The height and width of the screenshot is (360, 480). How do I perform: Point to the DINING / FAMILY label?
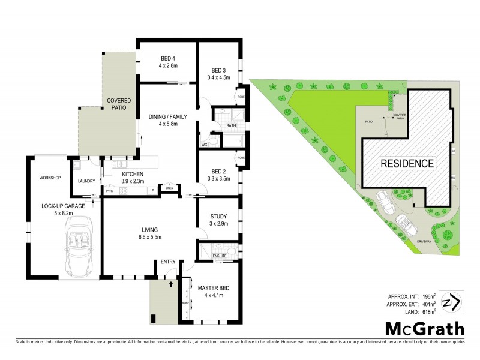point(167,116)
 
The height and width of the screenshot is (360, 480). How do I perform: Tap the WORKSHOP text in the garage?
point(50,178)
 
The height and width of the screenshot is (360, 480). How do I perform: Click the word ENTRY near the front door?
point(167,261)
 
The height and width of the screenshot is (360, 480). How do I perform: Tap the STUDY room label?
point(218,216)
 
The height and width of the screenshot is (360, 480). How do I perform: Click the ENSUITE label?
point(220,256)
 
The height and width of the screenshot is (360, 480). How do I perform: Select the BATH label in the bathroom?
point(231,125)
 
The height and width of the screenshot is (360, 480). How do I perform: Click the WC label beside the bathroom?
point(205,144)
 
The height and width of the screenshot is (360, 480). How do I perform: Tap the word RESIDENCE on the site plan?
point(407,163)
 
